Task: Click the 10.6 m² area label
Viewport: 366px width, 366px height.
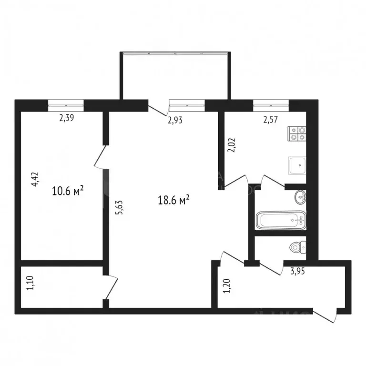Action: point(68,192)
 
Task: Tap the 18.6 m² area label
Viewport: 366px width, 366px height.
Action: point(174,201)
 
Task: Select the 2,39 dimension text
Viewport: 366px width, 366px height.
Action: point(67,119)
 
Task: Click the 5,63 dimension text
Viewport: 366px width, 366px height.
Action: point(119,207)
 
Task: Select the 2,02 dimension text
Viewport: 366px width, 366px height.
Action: point(232,144)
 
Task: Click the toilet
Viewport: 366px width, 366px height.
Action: point(298,247)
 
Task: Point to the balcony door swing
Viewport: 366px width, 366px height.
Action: point(158,110)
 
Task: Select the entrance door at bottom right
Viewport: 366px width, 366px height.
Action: point(324,316)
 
